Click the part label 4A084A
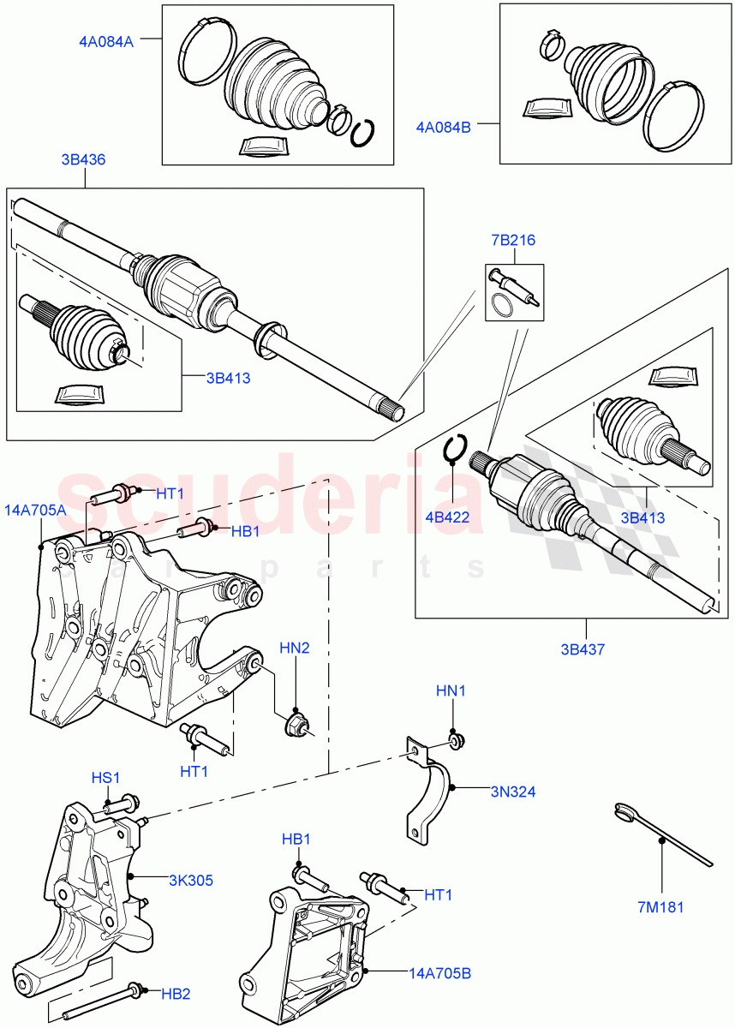[106, 39]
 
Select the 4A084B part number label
[444, 128]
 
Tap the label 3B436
[84, 159]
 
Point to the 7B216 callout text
[513, 240]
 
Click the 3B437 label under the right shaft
[584, 649]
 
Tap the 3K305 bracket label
[191, 880]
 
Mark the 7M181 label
[661, 907]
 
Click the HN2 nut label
[295, 648]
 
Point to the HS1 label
[106, 777]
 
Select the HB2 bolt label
[176, 994]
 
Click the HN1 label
[451, 690]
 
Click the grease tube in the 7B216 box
[512, 285]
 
